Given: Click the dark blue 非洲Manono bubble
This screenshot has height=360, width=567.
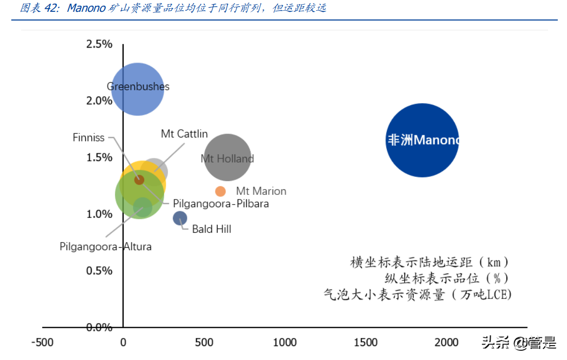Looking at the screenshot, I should click(422, 140).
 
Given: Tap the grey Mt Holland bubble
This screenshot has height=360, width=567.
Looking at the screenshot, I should click(227, 157).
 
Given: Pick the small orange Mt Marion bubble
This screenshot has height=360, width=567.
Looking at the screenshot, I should click(220, 191).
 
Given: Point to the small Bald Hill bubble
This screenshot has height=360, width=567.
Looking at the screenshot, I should click(180, 218).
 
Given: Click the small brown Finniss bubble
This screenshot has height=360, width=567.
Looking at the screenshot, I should click(139, 179).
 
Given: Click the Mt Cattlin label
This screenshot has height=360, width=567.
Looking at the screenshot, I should click(184, 134).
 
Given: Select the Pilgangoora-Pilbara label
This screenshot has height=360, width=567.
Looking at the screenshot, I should click(221, 204).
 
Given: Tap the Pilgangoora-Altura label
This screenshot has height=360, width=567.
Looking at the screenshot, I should click(106, 246).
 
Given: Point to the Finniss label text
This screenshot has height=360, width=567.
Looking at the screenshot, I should click(88, 137).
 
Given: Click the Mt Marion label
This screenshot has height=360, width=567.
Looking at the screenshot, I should click(261, 191).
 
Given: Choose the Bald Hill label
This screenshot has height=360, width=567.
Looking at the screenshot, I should click(211, 229).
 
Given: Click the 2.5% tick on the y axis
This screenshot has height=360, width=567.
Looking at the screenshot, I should click(99, 44).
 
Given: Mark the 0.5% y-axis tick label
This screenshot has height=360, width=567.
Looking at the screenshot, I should click(99, 270).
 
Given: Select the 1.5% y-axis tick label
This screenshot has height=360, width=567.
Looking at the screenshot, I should click(99, 157).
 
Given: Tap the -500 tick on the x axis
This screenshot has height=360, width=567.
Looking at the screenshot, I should click(42, 343).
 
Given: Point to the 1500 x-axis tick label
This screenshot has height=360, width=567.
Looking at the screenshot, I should click(365, 343).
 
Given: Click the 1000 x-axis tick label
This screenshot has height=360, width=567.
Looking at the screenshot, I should click(284, 343).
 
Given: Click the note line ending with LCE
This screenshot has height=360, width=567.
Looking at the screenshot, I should click(418, 294).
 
